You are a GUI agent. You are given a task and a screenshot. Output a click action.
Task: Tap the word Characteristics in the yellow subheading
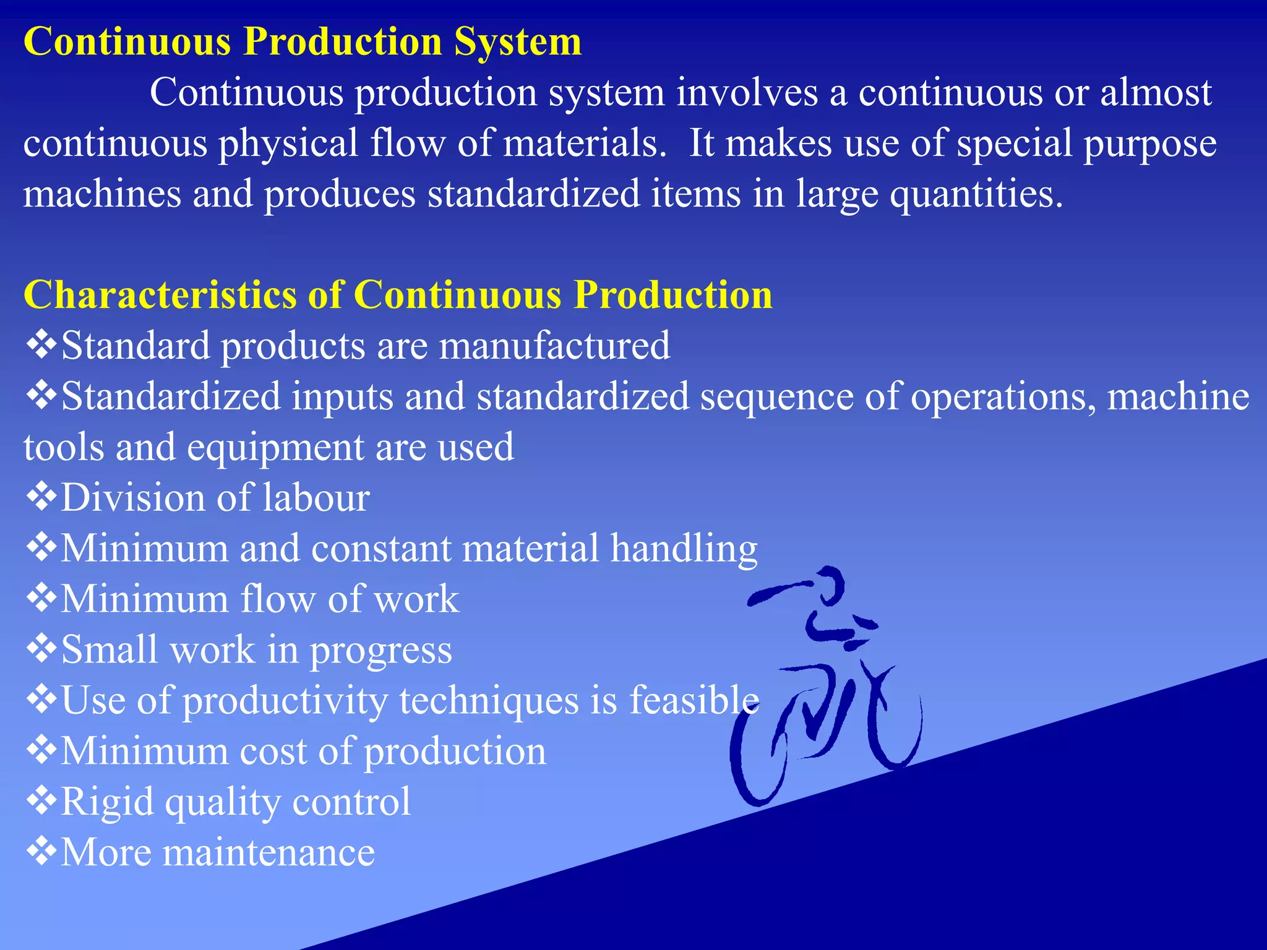pos(160,294)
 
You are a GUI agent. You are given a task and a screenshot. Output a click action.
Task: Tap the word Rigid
pos(107,803)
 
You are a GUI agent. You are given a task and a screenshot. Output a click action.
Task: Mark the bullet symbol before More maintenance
pos(41,852)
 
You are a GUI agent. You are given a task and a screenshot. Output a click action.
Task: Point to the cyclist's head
pos(829,584)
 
